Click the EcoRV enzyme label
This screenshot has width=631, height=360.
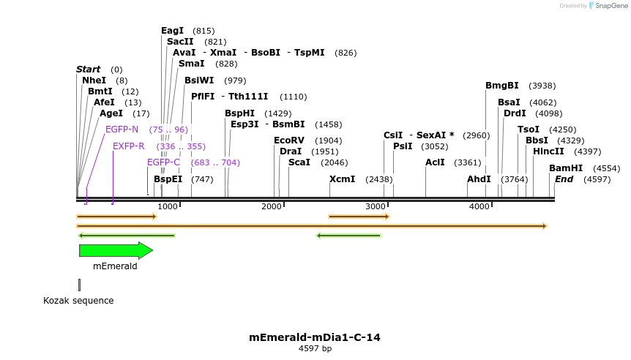[x=288, y=140]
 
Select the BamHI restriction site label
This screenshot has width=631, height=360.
[x=566, y=168]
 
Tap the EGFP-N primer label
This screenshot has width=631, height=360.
[x=122, y=130]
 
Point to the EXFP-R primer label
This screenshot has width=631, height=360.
[x=128, y=146]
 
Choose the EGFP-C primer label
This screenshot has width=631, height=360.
[x=163, y=162]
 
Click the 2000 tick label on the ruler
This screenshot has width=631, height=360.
[x=272, y=207]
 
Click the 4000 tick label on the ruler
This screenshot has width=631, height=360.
[x=479, y=207]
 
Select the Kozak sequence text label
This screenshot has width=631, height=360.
[x=78, y=301]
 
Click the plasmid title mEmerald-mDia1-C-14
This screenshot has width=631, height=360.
[x=315, y=337]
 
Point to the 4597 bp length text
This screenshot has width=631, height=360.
[x=315, y=349]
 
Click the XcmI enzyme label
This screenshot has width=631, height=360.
[x=342, y=179]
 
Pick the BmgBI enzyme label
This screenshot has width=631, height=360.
[x=501, y=86]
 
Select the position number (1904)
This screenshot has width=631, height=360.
[x=328, y=140]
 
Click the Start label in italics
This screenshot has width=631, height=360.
[x=88, y=70]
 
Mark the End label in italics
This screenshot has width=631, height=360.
[x=564, y=179]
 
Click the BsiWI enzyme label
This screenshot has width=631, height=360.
[x=199, y=80]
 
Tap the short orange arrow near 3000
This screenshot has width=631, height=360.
[x=359, y=217]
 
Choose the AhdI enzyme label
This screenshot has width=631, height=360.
[x=479, y=179]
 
